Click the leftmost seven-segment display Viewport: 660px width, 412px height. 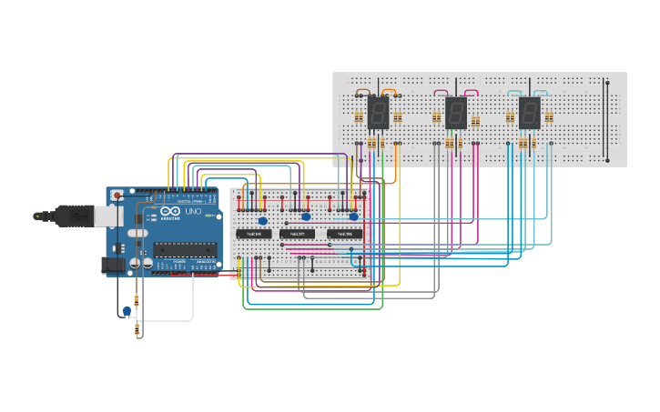378,113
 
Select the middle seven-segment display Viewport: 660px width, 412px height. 455,113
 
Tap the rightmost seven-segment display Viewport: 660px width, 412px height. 529,113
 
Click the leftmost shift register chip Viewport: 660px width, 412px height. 254,234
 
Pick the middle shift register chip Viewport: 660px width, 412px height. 297,234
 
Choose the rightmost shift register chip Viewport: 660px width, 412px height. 344,234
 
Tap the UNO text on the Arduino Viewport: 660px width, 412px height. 194,211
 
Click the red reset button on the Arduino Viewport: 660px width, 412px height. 116,195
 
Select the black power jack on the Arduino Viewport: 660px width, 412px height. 109,265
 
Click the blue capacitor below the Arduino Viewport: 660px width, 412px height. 127,311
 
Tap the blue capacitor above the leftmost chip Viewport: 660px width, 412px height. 263,220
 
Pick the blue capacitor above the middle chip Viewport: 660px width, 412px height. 306,216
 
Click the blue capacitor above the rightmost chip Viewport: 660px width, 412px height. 353,216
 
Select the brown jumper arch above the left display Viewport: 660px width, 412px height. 362,91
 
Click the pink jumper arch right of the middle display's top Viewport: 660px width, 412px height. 471,91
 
